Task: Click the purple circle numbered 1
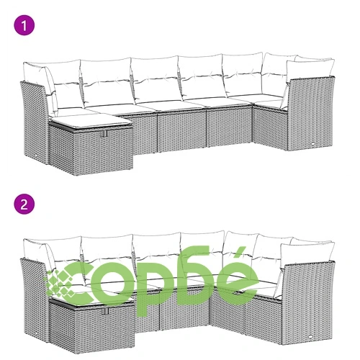click(x=24, y=25)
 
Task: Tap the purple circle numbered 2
click(x=24, y=204)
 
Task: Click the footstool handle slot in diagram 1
click(x=104, y=133)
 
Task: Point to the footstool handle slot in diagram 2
click(x=105, y=311)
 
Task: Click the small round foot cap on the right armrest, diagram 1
click(x=313, y=143)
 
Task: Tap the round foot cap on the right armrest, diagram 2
click(x=311, y=336)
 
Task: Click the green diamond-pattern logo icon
click(x=60, y=282)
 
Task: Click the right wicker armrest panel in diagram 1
click(x=312, y=113)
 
